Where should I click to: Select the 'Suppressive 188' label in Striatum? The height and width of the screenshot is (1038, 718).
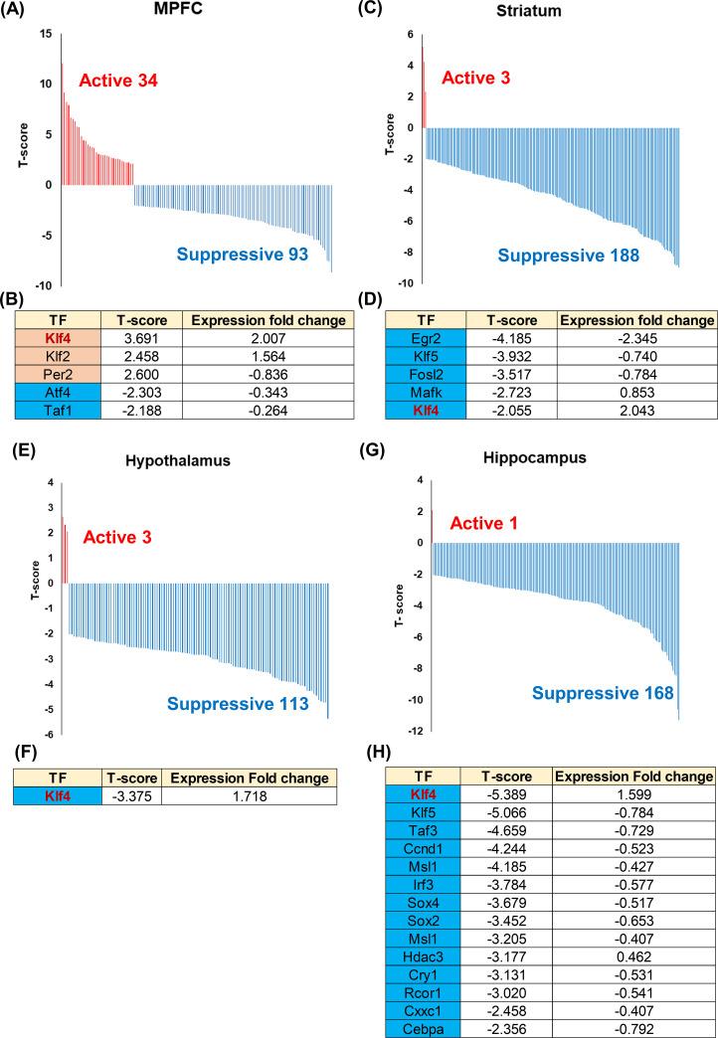(569, 256)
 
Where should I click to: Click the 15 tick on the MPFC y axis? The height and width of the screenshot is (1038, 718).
(46, 34)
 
